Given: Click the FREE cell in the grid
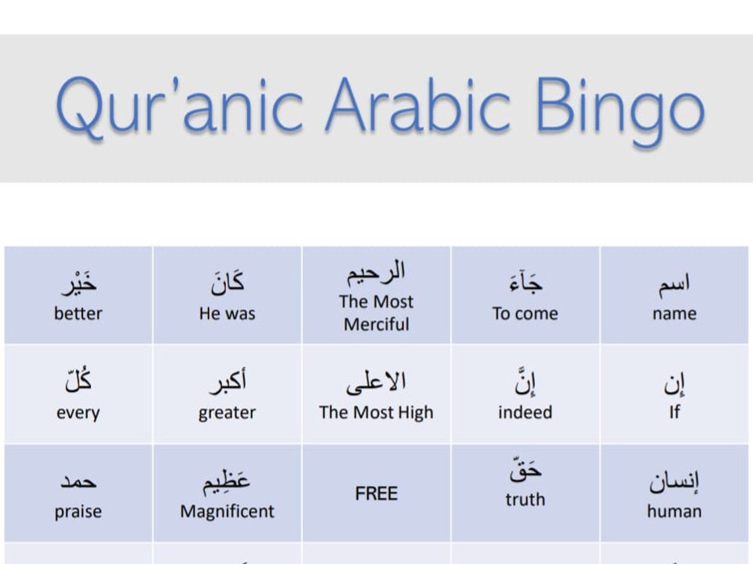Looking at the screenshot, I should [x=376, y=493].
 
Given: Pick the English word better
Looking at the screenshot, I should [x=78, y=313].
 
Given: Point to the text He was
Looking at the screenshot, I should [x=227, y=313].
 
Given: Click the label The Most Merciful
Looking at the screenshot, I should [x=376, y=313].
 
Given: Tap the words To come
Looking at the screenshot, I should [x=524, y=313].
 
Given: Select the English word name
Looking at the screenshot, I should [x=674, y=313].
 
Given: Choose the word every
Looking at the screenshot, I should [x=78, y=413].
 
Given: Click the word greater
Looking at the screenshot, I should [x=227, y=413].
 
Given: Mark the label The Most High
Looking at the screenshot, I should [x=376, y=413].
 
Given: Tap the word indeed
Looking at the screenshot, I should [x=524, y=413].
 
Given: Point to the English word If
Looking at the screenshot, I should [x=674, y=413].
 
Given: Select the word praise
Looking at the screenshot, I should [x=78, y=511].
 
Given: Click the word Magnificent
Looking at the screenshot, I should [x=227, y=511].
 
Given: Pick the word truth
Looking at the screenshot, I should [x=524, y=499].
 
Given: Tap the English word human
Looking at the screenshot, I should [x=674, y=511].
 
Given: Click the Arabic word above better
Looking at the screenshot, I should [x=78, y=284].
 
